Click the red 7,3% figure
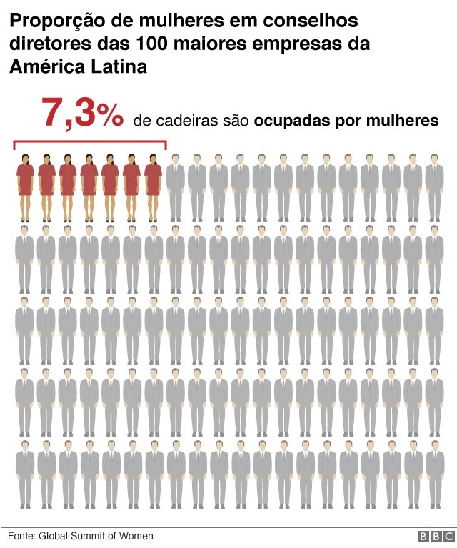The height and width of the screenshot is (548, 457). (82, 114)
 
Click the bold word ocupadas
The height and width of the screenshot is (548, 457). (292, 121)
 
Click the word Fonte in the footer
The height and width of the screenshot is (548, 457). (21, 536)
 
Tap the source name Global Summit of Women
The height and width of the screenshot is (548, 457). (96, 536)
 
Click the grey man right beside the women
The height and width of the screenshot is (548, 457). (176, 186)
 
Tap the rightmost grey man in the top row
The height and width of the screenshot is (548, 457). (434, 186)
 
